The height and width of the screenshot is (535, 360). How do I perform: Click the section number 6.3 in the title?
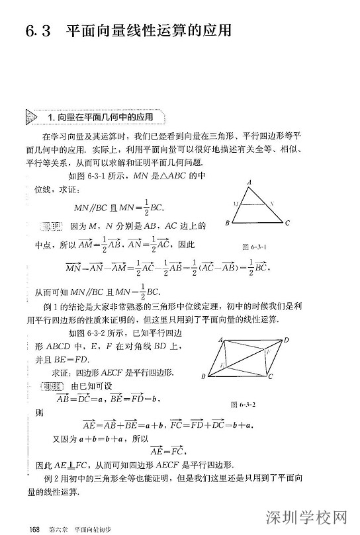[38, 31]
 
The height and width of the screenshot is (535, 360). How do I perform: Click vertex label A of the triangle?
[249, 181]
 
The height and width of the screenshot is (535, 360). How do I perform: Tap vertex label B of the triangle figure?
[227, 224]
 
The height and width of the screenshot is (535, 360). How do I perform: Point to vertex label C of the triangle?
[287, 224]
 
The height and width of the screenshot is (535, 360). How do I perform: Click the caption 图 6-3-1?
[254, 246]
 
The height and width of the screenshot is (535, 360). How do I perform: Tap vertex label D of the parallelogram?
[286, 340]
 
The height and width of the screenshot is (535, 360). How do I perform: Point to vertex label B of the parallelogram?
[204, 376]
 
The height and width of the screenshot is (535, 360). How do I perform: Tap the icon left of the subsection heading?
[32, 117]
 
